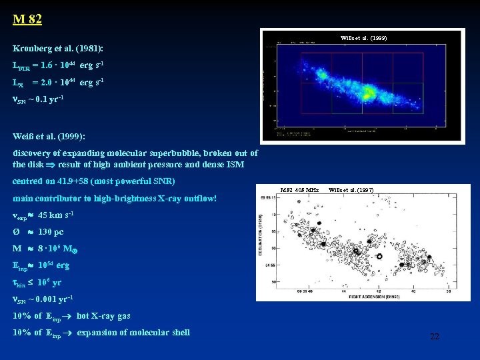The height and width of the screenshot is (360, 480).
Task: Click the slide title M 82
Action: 27,19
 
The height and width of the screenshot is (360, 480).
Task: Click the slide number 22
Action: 434,337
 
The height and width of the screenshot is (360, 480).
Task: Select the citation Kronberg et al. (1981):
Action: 58,49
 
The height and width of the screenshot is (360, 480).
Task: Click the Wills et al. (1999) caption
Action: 363,39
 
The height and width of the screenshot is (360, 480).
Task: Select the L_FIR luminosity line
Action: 58,66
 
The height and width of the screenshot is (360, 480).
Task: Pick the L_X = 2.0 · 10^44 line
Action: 58,83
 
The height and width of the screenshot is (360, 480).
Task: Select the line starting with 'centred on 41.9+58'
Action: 94,181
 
